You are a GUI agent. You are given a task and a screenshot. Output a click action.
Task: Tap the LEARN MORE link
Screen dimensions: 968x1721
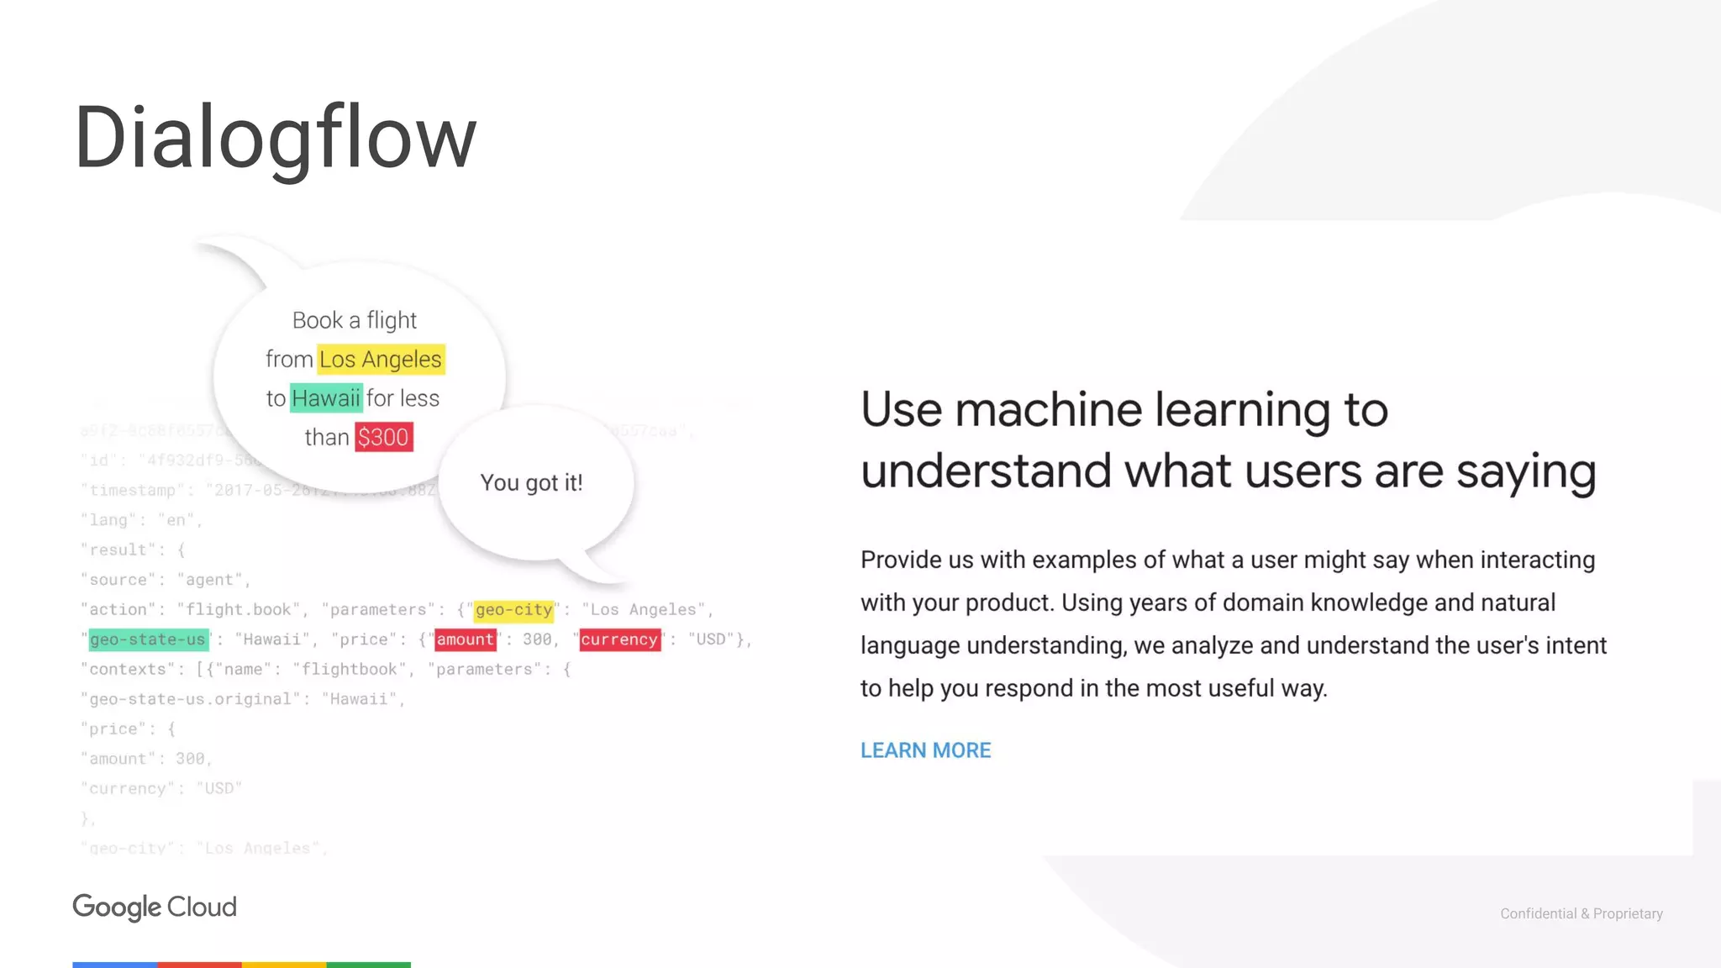(x=925, y=750)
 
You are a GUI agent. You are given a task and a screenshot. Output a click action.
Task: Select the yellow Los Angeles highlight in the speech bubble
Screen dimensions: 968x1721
(x=381, y=360)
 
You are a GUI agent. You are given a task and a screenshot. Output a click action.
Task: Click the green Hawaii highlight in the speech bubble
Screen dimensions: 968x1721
(x=326, y=398)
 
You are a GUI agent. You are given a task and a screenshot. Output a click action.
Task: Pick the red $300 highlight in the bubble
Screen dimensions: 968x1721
(x=383, y=438)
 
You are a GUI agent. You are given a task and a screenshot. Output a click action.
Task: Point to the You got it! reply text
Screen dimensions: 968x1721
(x=531, y=483)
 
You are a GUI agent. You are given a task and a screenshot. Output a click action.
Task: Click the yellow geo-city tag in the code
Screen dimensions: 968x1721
(x=513, y=610)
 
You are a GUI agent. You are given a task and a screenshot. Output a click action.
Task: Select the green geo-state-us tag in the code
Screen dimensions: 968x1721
(x=148, y=640)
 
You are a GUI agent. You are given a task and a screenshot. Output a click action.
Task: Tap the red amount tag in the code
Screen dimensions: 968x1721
(x=465, y=640)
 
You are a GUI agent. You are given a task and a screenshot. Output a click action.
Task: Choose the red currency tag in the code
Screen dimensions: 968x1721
(x=619, y=640)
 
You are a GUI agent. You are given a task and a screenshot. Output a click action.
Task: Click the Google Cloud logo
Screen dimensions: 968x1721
(x=155, y=907)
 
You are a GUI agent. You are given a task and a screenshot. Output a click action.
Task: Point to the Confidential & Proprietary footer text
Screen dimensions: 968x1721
(x=1581, y=913)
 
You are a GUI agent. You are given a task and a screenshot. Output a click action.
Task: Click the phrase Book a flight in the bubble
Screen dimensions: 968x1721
(x=354, y=320)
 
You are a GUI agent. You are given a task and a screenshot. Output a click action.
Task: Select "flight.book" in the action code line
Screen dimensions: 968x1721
(x=238, y=610)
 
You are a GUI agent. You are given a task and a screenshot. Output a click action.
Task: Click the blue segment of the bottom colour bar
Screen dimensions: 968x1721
(x=114, y=965)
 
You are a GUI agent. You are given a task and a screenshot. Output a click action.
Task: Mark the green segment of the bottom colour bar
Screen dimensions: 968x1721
(x=368, y=965)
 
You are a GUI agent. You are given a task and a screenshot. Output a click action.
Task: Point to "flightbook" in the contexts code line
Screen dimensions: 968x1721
(x=349, y=670)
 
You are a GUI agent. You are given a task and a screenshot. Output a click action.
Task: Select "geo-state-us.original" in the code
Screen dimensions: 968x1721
(x=190, y=699)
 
